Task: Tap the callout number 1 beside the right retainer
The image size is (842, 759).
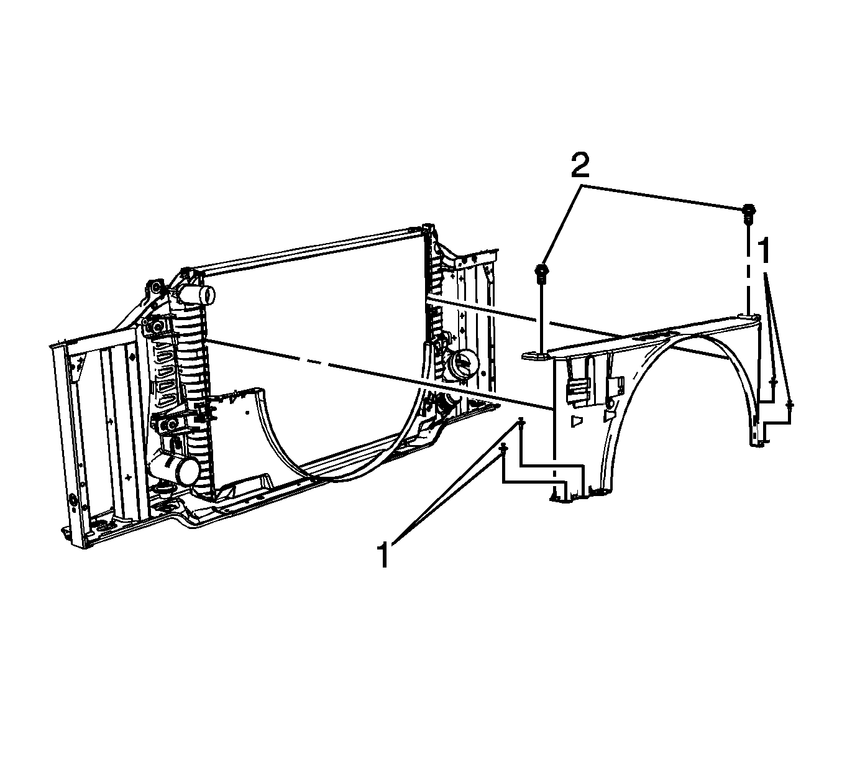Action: point(765,250)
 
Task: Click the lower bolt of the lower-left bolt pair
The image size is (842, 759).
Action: point(504,449)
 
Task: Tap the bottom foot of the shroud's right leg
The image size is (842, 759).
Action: point(759,441)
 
